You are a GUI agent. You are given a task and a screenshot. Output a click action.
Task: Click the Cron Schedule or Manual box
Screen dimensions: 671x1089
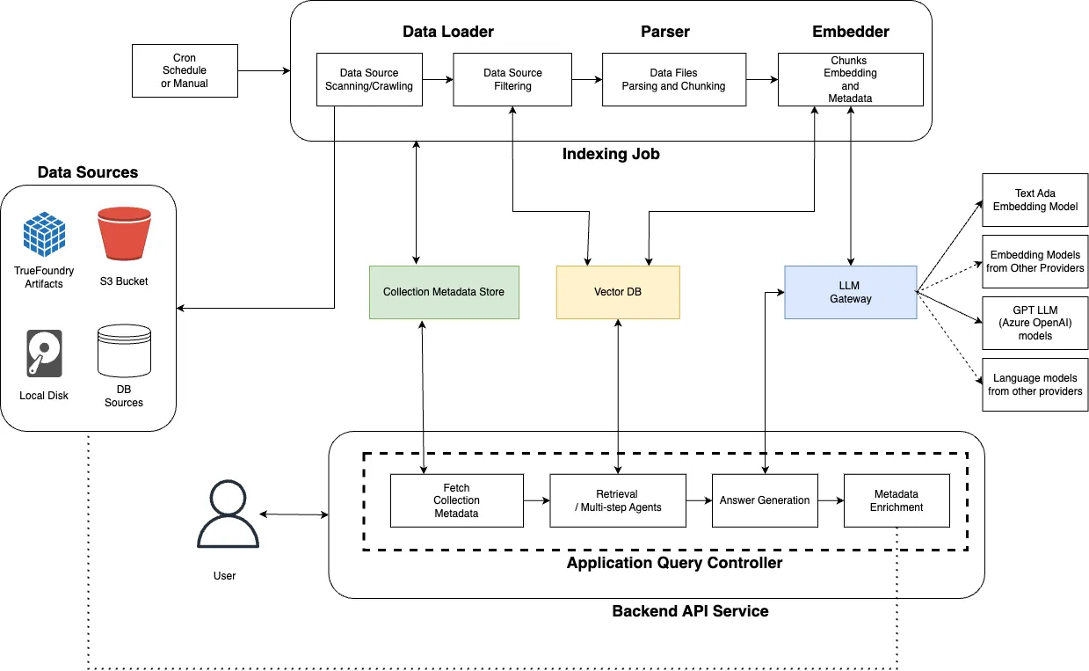(185, 71)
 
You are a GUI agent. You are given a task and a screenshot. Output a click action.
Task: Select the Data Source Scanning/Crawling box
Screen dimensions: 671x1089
(369, 80)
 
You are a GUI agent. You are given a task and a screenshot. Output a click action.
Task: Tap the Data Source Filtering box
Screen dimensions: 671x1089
(512, 80)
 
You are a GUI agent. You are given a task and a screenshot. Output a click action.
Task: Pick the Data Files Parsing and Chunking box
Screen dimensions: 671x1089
(673, 80)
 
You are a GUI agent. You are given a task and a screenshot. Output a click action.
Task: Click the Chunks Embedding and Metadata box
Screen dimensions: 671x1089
(850, 80)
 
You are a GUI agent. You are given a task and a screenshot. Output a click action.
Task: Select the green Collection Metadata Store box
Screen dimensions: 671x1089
(444, 292)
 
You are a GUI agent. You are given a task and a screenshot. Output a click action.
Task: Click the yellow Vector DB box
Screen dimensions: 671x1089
(619, 292)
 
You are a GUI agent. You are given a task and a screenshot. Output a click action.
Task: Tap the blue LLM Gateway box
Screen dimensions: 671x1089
(850, 292)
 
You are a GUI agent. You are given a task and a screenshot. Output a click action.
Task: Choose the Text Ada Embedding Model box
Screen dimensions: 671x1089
(1035, 200)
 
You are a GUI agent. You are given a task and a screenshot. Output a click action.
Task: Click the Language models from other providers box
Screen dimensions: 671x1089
(1035, 384)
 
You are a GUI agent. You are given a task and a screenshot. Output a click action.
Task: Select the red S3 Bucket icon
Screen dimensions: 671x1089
(124, 234)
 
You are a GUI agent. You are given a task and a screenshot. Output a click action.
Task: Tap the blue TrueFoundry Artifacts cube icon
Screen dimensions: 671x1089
(44, 234)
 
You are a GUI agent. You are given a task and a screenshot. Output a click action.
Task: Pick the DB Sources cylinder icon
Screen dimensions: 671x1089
(124, 348)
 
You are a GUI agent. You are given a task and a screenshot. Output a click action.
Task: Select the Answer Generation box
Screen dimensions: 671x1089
(765, 500)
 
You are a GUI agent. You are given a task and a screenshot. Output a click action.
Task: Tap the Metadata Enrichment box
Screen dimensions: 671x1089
(897, 500)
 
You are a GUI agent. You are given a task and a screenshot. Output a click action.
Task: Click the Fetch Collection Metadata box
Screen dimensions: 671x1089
(456, 500)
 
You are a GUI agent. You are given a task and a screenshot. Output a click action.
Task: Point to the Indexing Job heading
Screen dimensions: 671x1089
(610, 155)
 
